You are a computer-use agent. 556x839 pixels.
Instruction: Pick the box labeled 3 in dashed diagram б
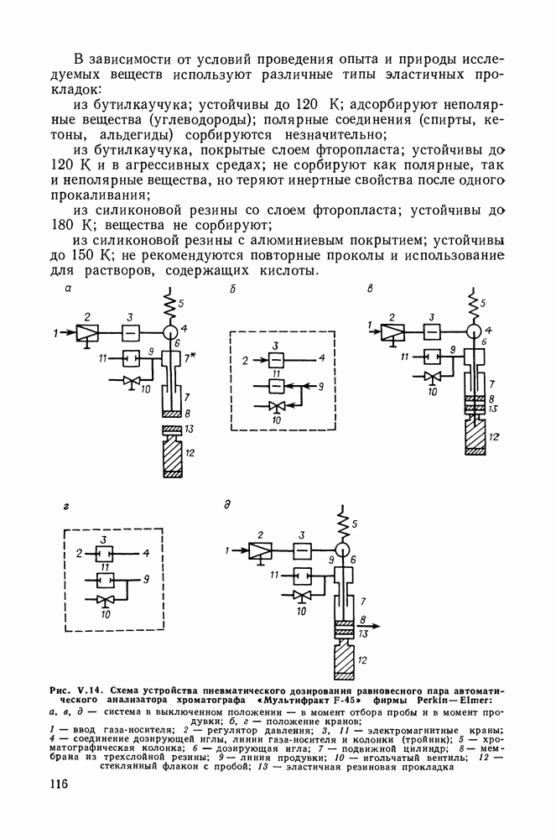tap(275, 360)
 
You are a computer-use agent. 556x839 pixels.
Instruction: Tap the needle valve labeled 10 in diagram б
tap(275, 406)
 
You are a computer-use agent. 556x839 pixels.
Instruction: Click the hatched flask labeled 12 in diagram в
tap(474, 435)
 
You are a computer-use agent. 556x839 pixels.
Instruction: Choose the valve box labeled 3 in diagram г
tap(102, 553)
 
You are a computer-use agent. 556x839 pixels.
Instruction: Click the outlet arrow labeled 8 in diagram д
tap(368, 625)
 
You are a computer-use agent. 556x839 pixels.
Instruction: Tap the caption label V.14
tap(88, 689)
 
